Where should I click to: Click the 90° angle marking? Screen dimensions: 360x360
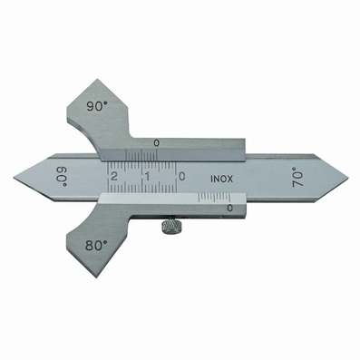pyautogui.click(x=97, y=106)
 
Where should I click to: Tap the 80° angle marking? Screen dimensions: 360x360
pyautogui.click(x=96, y=246)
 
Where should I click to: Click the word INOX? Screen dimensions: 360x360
pyautogui.click(x=222, y=179)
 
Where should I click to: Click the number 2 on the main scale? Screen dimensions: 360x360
pyautogui.click(x=114, y=176)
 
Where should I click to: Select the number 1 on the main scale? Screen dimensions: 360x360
pyautogui.click(x=148, y=176)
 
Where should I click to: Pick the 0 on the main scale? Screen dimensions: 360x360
pyautogui.click(x=181, y=176)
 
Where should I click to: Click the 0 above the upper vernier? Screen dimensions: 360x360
pyautogui.click(x=156, y=143)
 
